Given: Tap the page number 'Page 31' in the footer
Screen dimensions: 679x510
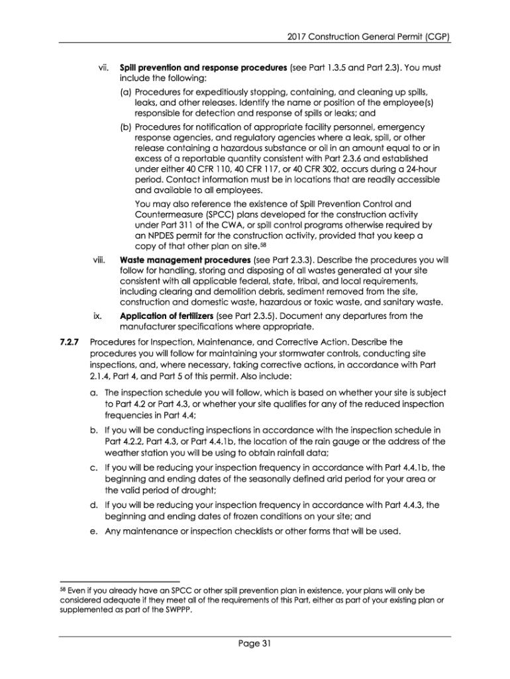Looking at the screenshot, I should pos(255,643).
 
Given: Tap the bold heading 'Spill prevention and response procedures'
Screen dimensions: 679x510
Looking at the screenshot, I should pos(203,68).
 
